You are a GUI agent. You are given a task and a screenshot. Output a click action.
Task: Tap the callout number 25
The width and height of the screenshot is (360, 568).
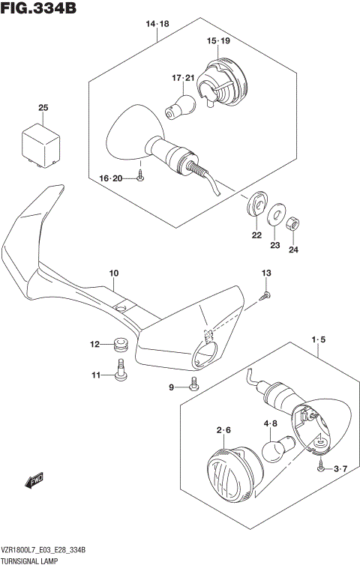(x=43, y=109)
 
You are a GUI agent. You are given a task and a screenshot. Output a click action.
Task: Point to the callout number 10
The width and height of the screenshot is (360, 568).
(x=114, y=274)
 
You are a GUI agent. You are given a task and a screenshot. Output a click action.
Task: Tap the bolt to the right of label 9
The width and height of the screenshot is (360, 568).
(x=193, y=385)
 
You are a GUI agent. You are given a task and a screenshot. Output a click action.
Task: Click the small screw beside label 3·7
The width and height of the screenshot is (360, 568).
(x=321, y=468)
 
